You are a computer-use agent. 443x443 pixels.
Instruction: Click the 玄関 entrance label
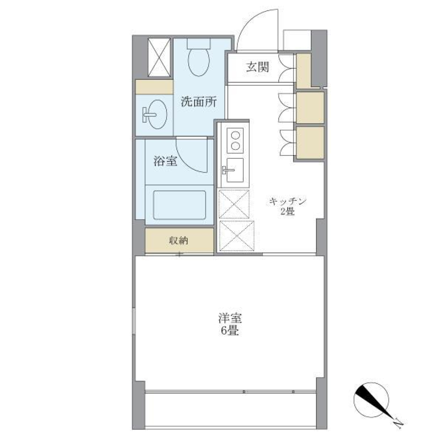point(257,67)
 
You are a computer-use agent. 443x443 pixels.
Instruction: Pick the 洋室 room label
point(229,318)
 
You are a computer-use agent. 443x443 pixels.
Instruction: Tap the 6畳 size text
point(229,331)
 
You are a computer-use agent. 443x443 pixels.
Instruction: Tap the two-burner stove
point(235,140)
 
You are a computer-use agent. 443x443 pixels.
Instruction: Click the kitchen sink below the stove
point(234,171)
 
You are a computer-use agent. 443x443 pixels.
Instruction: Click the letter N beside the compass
point(398,421)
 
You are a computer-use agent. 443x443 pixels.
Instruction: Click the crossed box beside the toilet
point(160,57)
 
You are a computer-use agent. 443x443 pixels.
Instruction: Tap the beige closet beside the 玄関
point(303,71)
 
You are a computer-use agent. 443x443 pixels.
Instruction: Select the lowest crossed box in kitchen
point(237,236)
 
